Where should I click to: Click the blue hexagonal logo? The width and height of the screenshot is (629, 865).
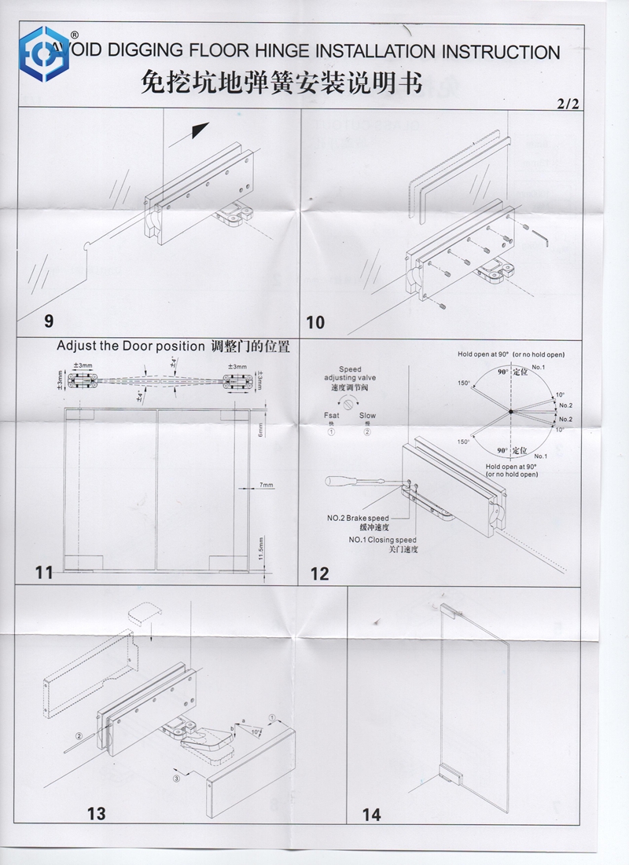pyautogui.click(x=46, y=53)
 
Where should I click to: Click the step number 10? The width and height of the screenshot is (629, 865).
pyautogui.click(x=314, y=322)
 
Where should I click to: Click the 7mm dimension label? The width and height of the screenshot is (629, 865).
pyautogui.click(x=267, y=486)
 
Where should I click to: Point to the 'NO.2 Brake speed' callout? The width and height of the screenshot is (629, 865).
pyautogui.click(x=359, y=518)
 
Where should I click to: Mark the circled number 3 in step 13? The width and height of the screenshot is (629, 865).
pyautogui.click(x=178, y=777)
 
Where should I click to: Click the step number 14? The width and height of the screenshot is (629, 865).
pyautogui.click(x=371, y=815)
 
